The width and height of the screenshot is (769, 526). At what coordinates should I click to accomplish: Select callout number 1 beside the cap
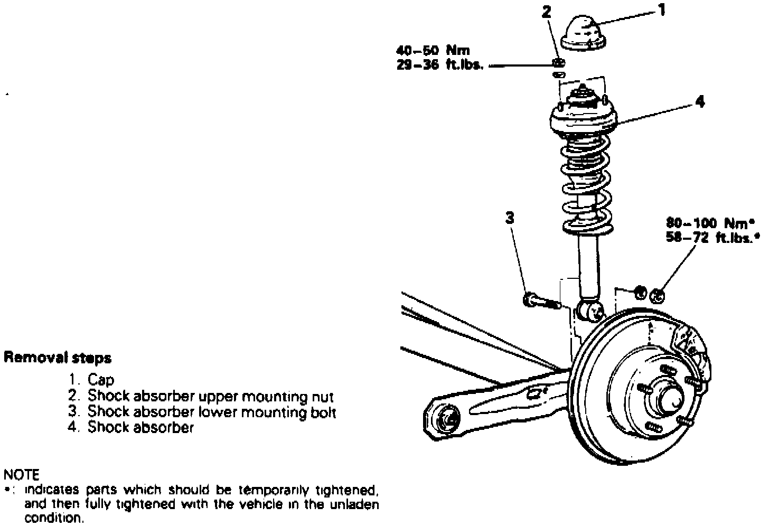(662, 10)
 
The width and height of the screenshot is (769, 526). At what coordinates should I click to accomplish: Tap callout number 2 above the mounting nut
(546, 12)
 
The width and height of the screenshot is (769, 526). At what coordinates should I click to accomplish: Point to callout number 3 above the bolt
(510, 218)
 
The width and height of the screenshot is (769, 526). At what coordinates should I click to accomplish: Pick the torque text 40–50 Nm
(433, 51)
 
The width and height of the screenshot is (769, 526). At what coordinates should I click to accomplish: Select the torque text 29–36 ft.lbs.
(440, 64)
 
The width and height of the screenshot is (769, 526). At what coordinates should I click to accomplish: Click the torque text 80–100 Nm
(710, 223)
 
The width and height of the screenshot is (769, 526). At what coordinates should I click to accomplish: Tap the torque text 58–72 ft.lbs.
(713, 237)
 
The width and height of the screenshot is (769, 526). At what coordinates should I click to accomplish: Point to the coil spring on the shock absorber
(587, 185)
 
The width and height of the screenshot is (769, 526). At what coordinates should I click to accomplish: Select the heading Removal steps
(58, 358)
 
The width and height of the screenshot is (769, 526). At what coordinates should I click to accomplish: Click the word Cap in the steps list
(100, 379)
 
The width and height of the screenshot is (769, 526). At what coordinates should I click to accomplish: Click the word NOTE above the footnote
(21, 475)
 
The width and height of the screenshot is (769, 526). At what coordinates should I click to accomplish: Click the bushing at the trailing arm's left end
(446, 419)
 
